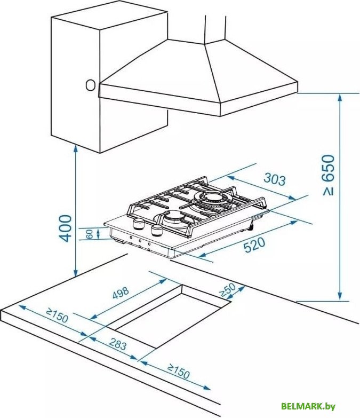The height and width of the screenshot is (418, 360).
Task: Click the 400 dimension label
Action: (66, 228)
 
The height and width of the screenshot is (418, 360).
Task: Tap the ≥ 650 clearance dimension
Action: (329, 175)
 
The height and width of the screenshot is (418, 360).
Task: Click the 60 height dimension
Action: (90, 234)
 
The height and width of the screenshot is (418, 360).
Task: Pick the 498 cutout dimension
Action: (121, 293)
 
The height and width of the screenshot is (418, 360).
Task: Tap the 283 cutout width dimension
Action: (117, 344)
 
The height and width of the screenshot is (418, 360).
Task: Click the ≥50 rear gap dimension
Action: (228, 290)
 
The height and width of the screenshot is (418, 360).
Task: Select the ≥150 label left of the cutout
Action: (57, 315)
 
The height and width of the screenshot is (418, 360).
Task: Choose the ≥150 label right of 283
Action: (179, 371)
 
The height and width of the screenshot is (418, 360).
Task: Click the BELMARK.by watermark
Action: (308, 406)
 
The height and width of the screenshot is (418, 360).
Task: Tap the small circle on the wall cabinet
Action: (91, 85)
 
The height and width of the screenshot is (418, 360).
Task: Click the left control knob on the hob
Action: (139, 223)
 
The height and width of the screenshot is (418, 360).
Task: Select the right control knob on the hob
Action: (156, 230)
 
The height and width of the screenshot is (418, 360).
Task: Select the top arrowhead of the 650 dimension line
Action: (340, 98)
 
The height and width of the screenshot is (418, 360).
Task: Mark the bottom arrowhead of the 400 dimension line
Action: (76, 273)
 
